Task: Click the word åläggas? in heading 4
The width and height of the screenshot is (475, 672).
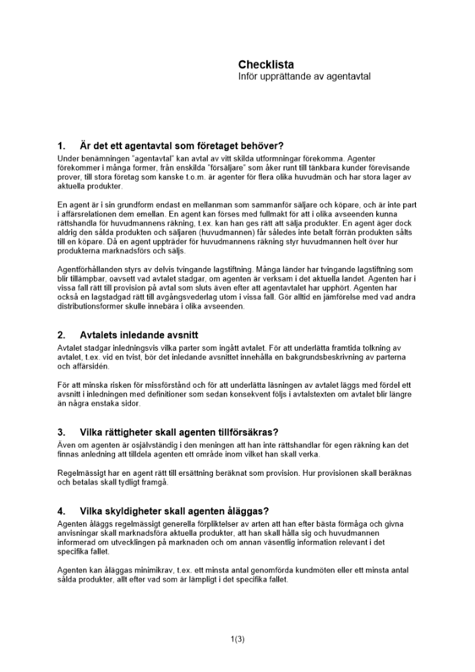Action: (x=246, y=511)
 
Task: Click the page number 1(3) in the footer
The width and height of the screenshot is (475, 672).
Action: (x=237, y=639)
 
